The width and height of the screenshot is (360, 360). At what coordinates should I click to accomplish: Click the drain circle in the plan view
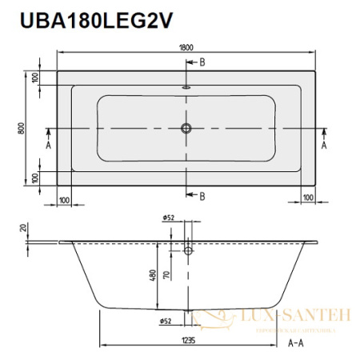pyautogui.click(x=187, y=128)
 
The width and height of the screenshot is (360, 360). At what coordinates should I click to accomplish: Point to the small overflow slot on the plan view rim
pyautogui.click(x=187, y=89)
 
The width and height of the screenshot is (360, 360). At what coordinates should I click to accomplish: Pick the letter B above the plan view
pyautogui.click(x=202, y=62)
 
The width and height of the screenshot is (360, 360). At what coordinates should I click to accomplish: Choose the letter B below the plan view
pyautogui.click(x=202, y=196)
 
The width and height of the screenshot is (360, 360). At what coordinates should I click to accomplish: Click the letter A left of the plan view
pyautogui.click(x=48, y=146)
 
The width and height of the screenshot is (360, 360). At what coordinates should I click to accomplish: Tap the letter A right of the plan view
pyautogui.click(x=324, y=146)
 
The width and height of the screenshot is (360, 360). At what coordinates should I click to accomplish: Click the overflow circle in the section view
pyautogui.click(x=187, y=251)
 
